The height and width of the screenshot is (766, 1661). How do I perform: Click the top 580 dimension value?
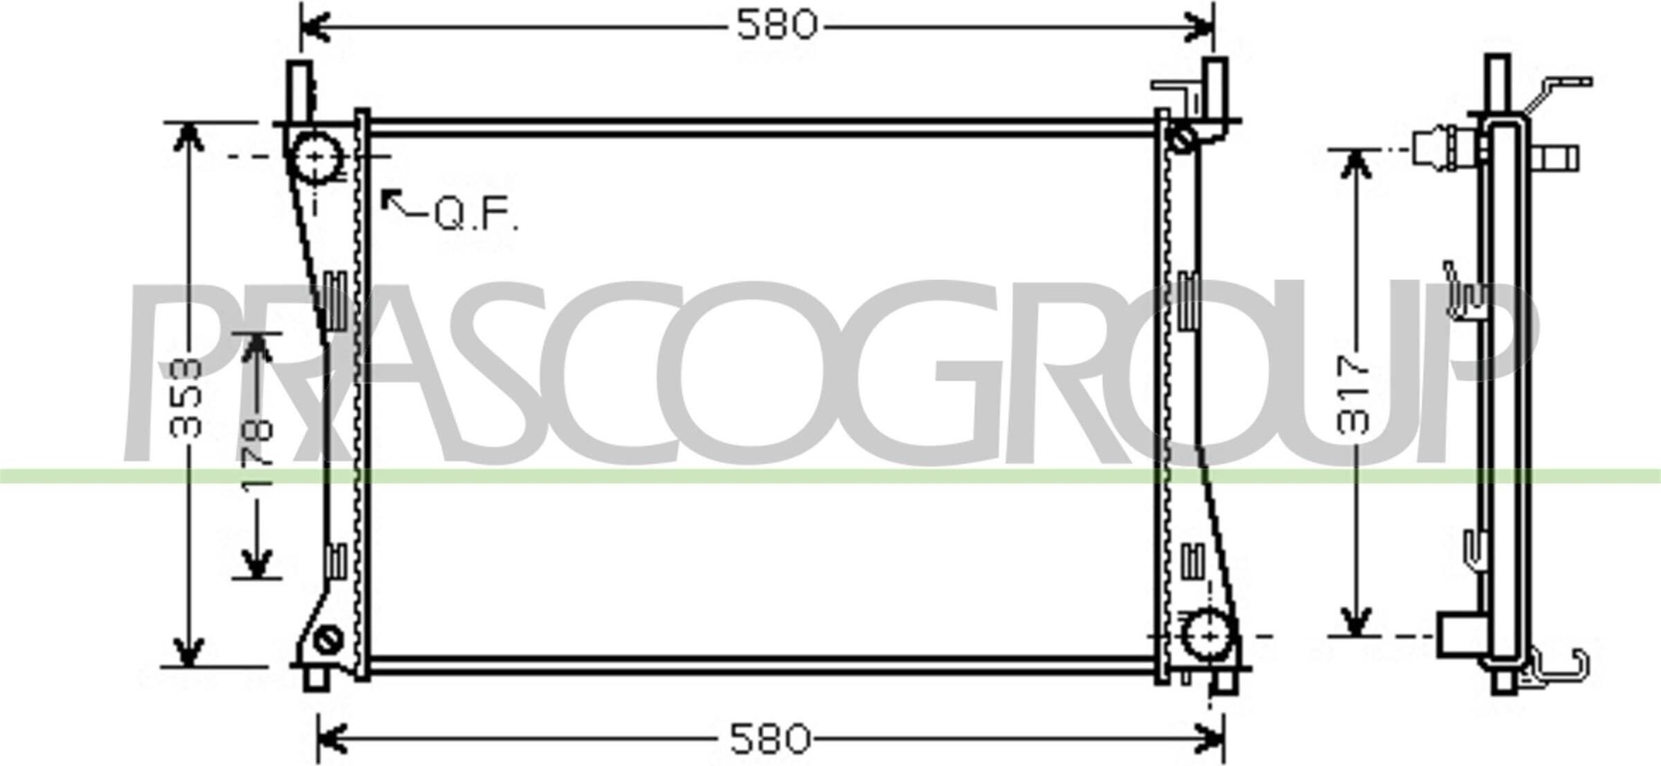[776, 26]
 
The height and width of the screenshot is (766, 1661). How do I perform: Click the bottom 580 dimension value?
[770, 739]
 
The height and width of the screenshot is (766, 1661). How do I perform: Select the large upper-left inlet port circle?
[316, 156]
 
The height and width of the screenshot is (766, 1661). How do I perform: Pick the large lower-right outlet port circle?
[1209, 635]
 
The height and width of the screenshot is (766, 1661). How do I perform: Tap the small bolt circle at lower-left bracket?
[328, 639]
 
